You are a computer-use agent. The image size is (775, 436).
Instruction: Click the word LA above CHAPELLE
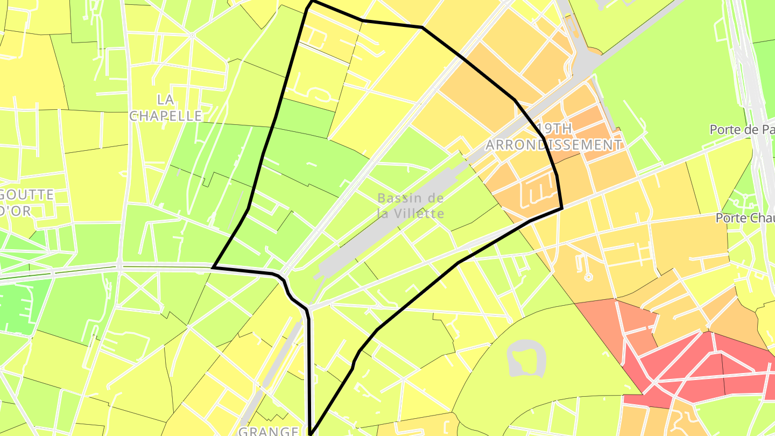pyautogui.click(x=165, y=100)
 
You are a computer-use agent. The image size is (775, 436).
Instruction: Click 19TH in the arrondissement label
pyautogui.click(x=554, y=129)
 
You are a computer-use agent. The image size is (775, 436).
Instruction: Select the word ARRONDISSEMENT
pyautogui.click(x=554, y=145)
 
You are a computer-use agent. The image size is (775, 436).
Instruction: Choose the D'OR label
pyautogui.click(x=16, y=211)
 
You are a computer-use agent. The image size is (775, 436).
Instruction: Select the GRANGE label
pyautogui.click(x=268, y=431)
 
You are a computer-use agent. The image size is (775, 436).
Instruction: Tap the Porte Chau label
pyautogui.click(x=745, y=218)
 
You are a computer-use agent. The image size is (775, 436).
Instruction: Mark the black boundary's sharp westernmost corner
pyautogui.click(x=214, y=267)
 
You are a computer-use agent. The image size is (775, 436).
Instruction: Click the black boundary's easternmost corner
pyautogui.click(x=562, y=208)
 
